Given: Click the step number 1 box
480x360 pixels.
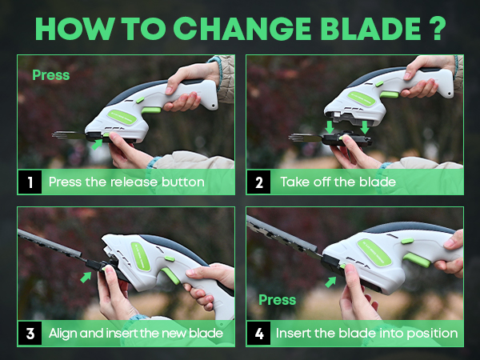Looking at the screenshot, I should pyautogui.click(x=30, y=182).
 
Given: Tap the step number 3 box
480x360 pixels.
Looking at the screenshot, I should pyautogui.click(x=30, y=332).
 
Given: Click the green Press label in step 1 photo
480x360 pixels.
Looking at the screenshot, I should pyautogui.click(x=50, y=76).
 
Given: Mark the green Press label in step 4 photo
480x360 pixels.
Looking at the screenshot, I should pyautogui.click(x=277, y=300).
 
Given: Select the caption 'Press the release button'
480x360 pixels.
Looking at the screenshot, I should pyautogui.click(x=126, y=182).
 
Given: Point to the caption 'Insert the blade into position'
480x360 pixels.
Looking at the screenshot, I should pyautogui.click(x=366, y=332).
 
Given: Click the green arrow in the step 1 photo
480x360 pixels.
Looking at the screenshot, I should pyautogui.click(x=97, y=145).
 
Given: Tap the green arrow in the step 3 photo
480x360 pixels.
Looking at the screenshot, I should pyautogui.click(x=86, y=277).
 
